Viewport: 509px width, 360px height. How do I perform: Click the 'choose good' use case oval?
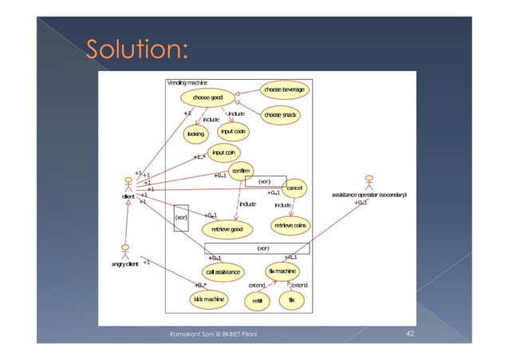[x=207, y=98]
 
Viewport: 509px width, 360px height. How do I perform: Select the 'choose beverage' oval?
[x=284, y=89]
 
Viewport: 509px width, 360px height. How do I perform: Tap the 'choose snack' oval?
[x=280, y=116]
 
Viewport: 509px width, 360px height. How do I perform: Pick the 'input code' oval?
[x=233, y=131]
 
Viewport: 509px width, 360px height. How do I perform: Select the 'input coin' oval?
[x=223, y=152]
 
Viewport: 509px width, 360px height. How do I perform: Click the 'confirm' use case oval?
[x=239, y=171]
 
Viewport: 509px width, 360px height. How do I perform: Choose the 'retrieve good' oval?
[x=226, y=228]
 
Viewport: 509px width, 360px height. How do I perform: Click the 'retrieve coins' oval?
[x=290, y=226]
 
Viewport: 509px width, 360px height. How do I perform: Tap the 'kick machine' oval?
[x=207, y=299]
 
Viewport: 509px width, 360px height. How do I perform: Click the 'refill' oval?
[x=258, y=301]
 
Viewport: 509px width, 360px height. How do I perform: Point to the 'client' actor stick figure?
[x=127, y=184]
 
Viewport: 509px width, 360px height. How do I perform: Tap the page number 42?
[x=409, y=333]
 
